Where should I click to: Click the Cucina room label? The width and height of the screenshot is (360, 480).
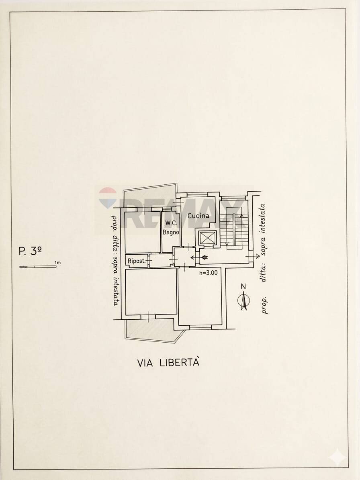tap(198, 216)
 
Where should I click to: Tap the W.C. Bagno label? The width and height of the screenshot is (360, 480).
tap(171, 228)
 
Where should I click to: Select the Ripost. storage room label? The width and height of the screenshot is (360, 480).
tap(137, 261)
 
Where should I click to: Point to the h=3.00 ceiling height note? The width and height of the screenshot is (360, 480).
tap(209, 272)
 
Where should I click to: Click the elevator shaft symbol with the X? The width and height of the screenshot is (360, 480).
tap(207, 238)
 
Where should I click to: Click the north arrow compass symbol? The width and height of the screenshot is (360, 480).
tap(243, 300)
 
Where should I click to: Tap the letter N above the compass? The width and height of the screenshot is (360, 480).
tap(243, 286)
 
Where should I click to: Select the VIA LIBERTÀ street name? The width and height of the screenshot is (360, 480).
tap(168, 362)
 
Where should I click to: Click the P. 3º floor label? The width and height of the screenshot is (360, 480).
tap(30, 251)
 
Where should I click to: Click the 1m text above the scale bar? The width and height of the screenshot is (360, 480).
tap(57, 262)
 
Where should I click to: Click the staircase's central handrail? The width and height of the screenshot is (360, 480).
tap(234, 230)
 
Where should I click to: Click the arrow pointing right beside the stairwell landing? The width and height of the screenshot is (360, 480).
tap(253, 255)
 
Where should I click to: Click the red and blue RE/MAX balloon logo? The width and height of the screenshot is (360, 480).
tap(107, 198)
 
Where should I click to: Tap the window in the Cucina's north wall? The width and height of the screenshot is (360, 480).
tap(197, 194)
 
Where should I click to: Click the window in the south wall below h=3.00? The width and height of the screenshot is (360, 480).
tap(200, 327)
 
